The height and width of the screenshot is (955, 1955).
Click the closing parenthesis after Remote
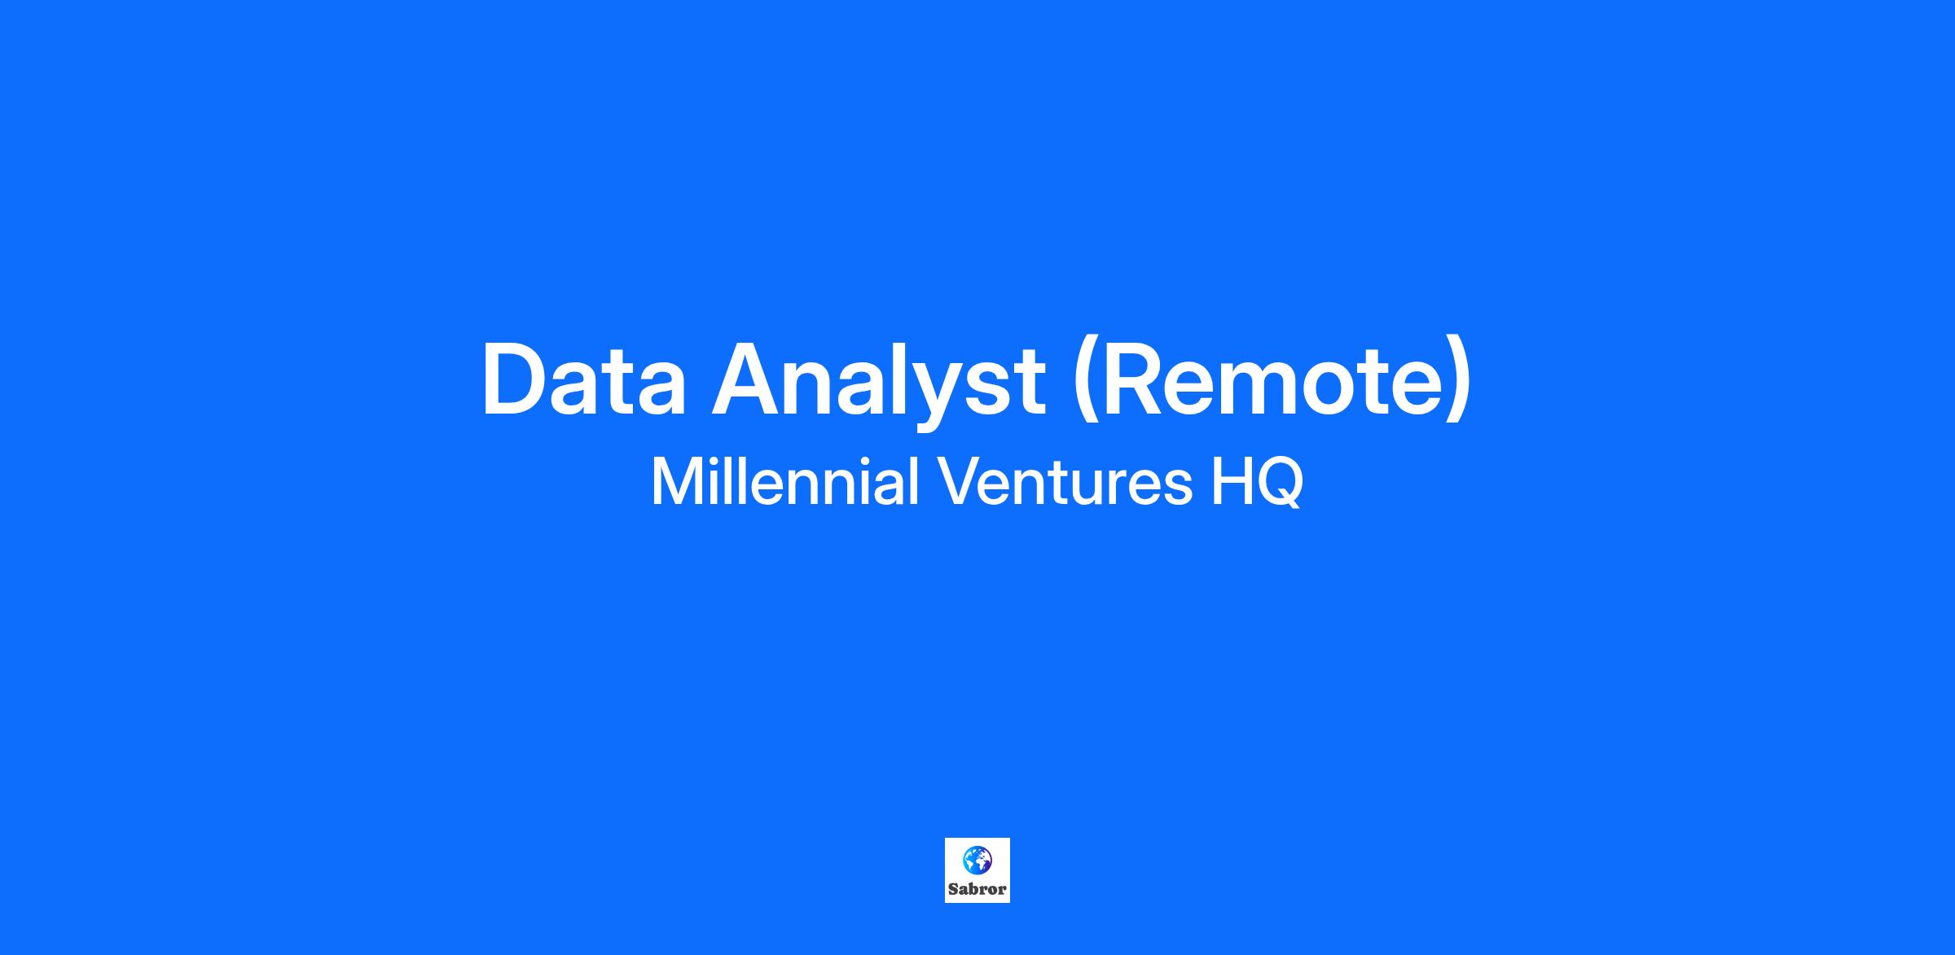(1458, 383)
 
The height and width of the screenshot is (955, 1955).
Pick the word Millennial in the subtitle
(785, 481)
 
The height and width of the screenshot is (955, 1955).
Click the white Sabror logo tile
(977, 870)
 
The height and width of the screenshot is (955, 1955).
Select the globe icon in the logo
(977, 860)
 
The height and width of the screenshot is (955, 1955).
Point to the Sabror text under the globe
(977, 889)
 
